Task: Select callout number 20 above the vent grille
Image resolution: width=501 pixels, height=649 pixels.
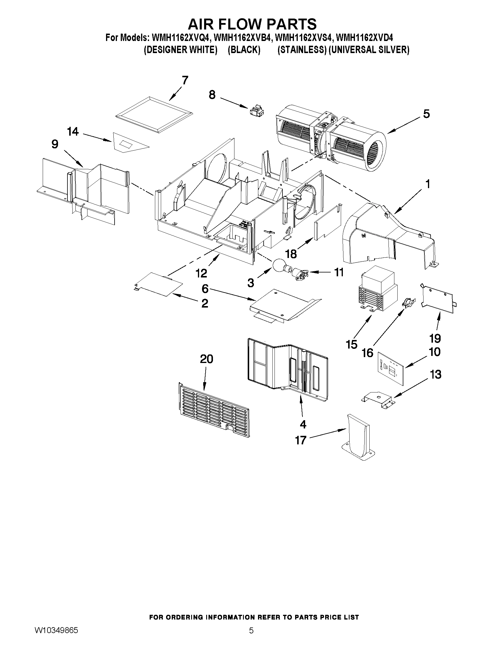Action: tap(206, 359)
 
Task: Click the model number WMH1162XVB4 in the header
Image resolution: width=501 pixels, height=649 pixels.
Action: tap(242, 38)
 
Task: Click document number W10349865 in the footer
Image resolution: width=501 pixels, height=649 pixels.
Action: tap(56, 637)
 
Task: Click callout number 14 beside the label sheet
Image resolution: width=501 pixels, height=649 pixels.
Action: tap(73, 131)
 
